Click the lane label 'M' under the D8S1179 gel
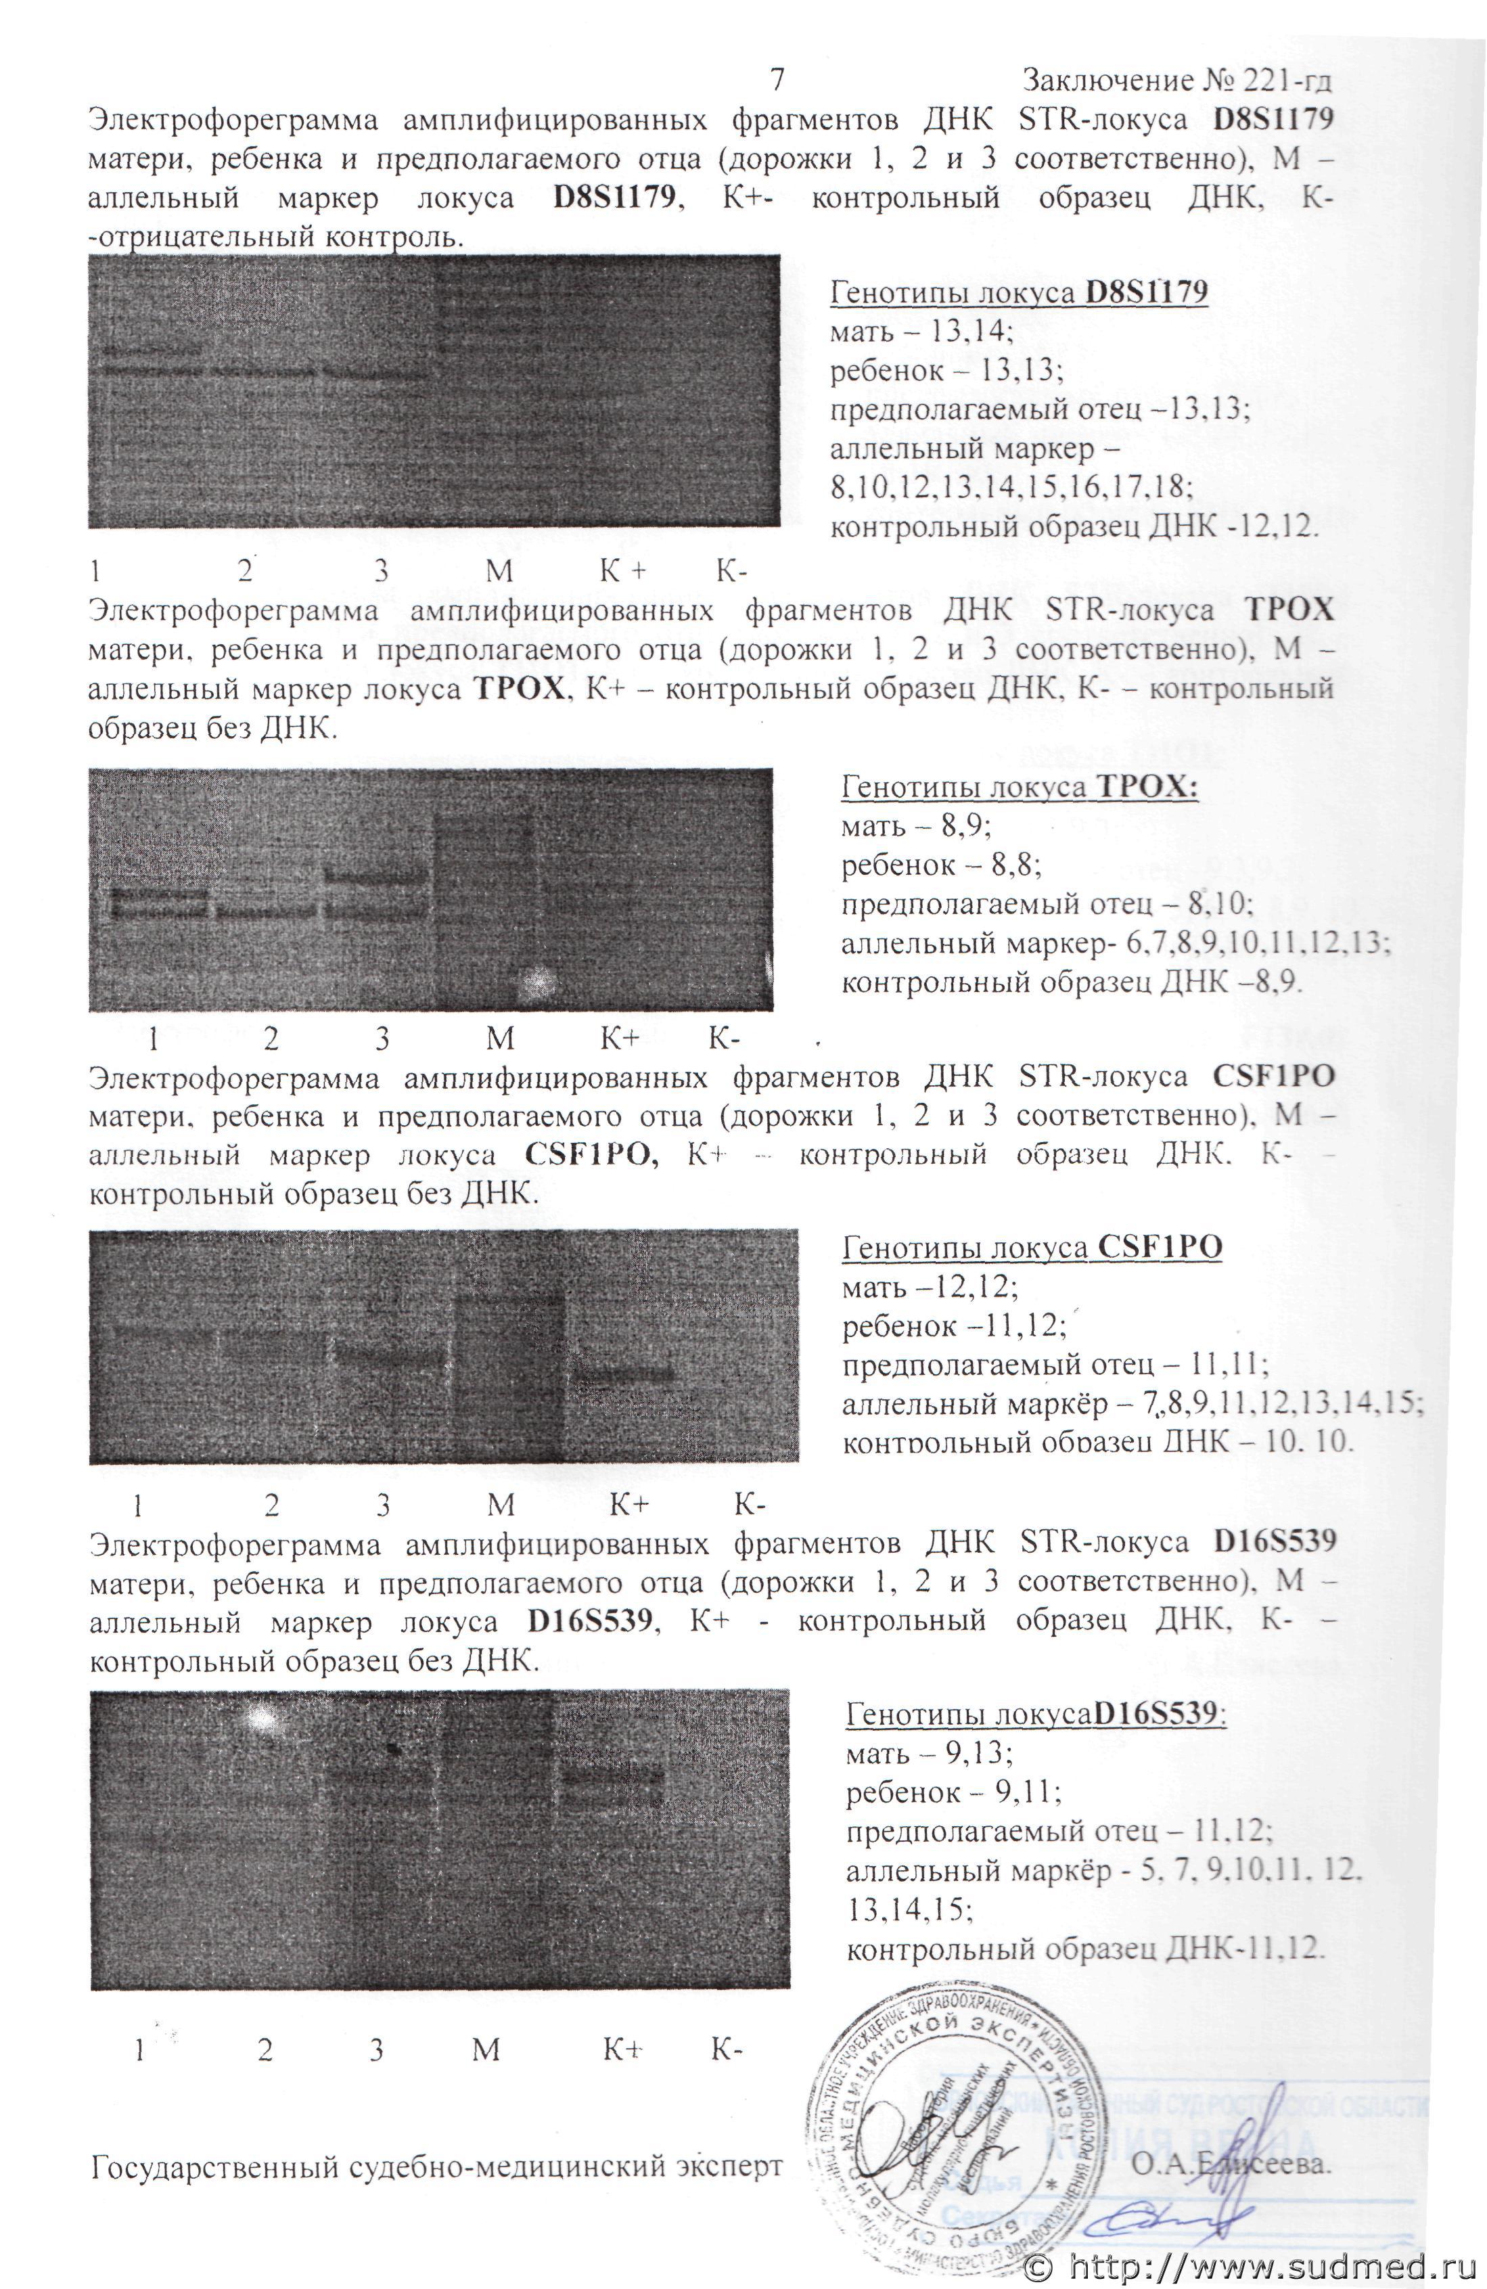click(499, 572)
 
